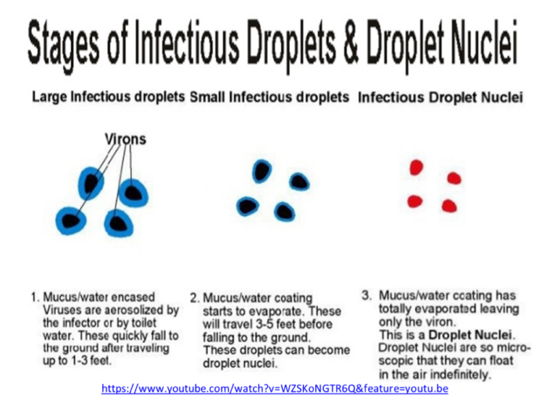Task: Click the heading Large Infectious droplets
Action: (x=108, y=97)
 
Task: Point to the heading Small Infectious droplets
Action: (x=270, y=97)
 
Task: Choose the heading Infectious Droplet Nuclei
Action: (x=440, y=97)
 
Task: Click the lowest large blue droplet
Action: (x=117, y=223)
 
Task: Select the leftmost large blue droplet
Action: (x=71, y=220)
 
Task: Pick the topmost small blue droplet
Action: (x=261, y=171)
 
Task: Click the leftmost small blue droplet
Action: (x=247, y=206)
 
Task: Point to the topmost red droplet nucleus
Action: (x=416, y=167)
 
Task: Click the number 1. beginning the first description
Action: (x=35, y=298)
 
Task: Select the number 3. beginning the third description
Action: (x=367, y=295)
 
